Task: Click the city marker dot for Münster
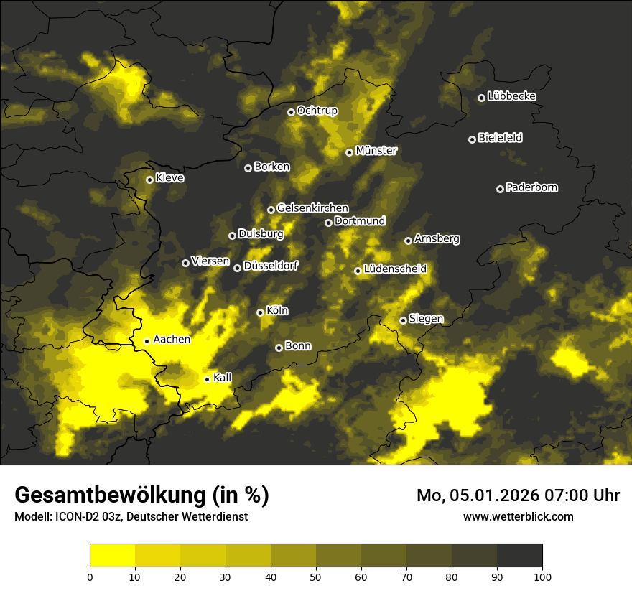pos(349,152)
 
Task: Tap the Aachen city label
pos(172,340)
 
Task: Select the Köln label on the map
pos(277,311)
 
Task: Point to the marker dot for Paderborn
pos(500,189)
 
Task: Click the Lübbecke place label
pos(511,96)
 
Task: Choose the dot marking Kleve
pos(149,180)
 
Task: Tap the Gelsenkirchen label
pos(312,208)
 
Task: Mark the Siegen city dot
pos(403,320)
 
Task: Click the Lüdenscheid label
pos(395,269)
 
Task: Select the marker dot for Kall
pos(207,379)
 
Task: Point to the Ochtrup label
pos(317,111)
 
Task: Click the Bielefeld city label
pos(500,138)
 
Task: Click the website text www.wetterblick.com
pos(518,516)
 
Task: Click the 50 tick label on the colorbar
pos(316,576)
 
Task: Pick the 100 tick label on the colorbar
pos(542,576)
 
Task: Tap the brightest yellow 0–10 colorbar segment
pos(112,556)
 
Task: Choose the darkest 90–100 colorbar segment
pos(519,556)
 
